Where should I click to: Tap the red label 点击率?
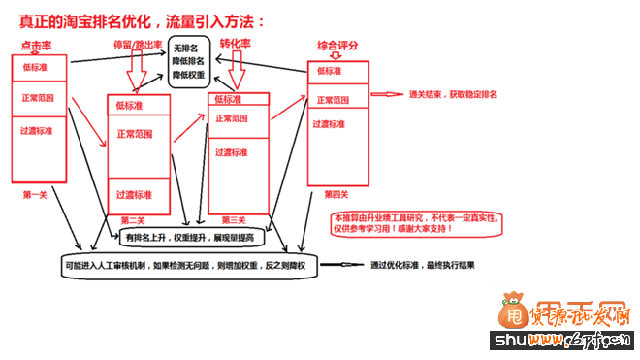click(x=37, y=47)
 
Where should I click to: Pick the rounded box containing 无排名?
click(x=188, y=62)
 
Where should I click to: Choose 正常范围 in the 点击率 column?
click(x=39, y=98)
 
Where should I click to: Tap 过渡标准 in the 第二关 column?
click(x=134, y=194)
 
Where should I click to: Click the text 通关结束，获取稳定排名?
click(x=454, y=94)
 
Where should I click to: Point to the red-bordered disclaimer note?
click(x=418, y=224)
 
